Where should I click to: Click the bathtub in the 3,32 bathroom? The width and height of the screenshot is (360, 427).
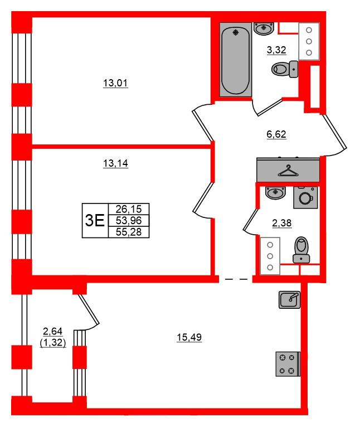(x=236, y=60)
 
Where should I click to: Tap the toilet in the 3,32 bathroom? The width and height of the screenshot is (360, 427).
(x=285, y=69)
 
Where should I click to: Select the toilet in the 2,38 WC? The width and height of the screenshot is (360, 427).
(x=301, y=250)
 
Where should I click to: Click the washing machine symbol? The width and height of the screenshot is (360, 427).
(x=305, y=197)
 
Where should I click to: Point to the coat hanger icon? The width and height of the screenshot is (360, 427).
(x=288, y=171)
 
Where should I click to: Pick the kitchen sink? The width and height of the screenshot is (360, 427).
(x=289, y=299)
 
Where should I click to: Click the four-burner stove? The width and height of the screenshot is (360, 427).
(x=288, y=364)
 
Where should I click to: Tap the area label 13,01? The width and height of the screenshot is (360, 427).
(x=115, y=83)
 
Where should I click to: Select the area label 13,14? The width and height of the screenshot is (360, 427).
(x=115, y=163)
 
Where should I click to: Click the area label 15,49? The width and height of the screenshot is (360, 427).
(x=189, y=337)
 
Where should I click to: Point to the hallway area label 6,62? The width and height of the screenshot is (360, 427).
(x=276, y=134)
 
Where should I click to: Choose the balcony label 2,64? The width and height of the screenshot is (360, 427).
(x=53, y=332)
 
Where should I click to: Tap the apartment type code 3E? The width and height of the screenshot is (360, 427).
(x=95, y=220)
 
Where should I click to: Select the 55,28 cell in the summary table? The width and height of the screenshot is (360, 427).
(x=129, y=232)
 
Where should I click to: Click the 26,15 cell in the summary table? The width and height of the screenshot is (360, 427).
(x=129, y=209)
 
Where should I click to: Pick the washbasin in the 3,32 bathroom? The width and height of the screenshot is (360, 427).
(x=264, y=28)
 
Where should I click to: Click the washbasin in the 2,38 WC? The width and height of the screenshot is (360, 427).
(x=275, y=193)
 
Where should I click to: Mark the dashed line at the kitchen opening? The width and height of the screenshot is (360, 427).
(x=236, y=279)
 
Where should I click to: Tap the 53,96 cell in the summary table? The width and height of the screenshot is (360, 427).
(x=129, y=220)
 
